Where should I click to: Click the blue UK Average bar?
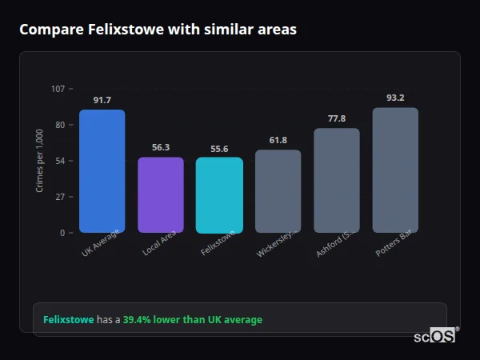[x=102, y=171]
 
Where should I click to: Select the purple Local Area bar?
[x=161, y=195]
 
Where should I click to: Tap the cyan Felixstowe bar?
[x=219, y=195]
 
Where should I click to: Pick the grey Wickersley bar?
[x=278, y=191]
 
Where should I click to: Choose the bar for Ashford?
[x=337, y=181]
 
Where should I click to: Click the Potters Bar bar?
[x=395, y=170]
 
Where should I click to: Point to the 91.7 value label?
[x=102, y=100]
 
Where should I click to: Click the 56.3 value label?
[x=161, y=147]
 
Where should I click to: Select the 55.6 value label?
[x=219, y=148]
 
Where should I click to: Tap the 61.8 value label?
[x=278, y=140]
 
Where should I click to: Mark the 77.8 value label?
[x=337, y=118]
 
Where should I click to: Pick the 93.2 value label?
[x=395, y=98]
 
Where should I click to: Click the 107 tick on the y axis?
[x=58, y=89]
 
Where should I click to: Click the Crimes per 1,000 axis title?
[x=39, y=161]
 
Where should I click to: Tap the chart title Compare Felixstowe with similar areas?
[x=158, y=30]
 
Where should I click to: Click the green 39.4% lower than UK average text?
[x=192, y=319]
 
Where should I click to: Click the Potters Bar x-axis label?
[x=394, y=244]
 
